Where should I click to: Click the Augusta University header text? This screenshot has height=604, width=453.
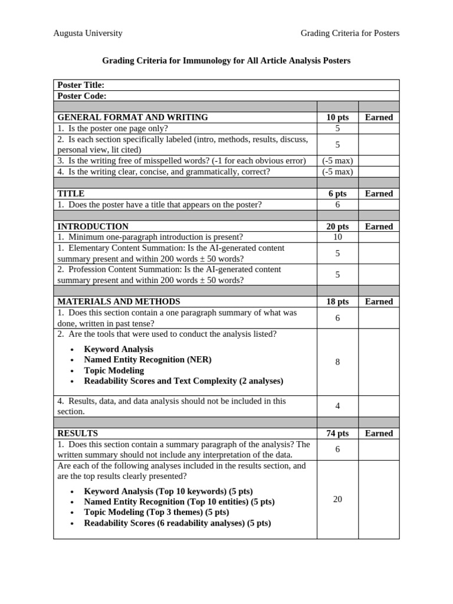(88, 34)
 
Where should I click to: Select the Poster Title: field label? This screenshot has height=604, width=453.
(81, 85)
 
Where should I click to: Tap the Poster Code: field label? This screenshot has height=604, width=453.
(82, 96)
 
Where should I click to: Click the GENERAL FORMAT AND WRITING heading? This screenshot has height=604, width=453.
(133, 117)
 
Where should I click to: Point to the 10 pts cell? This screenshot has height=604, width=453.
(337, 117)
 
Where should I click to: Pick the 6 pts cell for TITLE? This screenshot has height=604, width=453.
(337, 193)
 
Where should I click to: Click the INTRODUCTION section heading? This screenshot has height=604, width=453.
(93, 226)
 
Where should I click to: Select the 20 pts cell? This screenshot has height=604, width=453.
(337, 226)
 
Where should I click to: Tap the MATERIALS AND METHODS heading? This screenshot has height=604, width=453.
(119, 301)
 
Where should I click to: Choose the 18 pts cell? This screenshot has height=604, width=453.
(337, 301)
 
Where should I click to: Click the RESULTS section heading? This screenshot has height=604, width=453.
(78, 434)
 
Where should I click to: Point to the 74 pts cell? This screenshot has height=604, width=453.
(337, 434)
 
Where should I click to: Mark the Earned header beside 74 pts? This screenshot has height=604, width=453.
(379, 434)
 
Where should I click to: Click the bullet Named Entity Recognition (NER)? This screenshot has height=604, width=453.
(147, 360)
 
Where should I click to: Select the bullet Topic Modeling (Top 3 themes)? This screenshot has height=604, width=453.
(156, 513)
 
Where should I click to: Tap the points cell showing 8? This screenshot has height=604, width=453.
(337, 362)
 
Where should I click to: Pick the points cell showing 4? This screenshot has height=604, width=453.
(337, 406)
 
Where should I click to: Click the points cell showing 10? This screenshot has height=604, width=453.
(337, 237)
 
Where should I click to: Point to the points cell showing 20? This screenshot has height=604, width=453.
(337, 500)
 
